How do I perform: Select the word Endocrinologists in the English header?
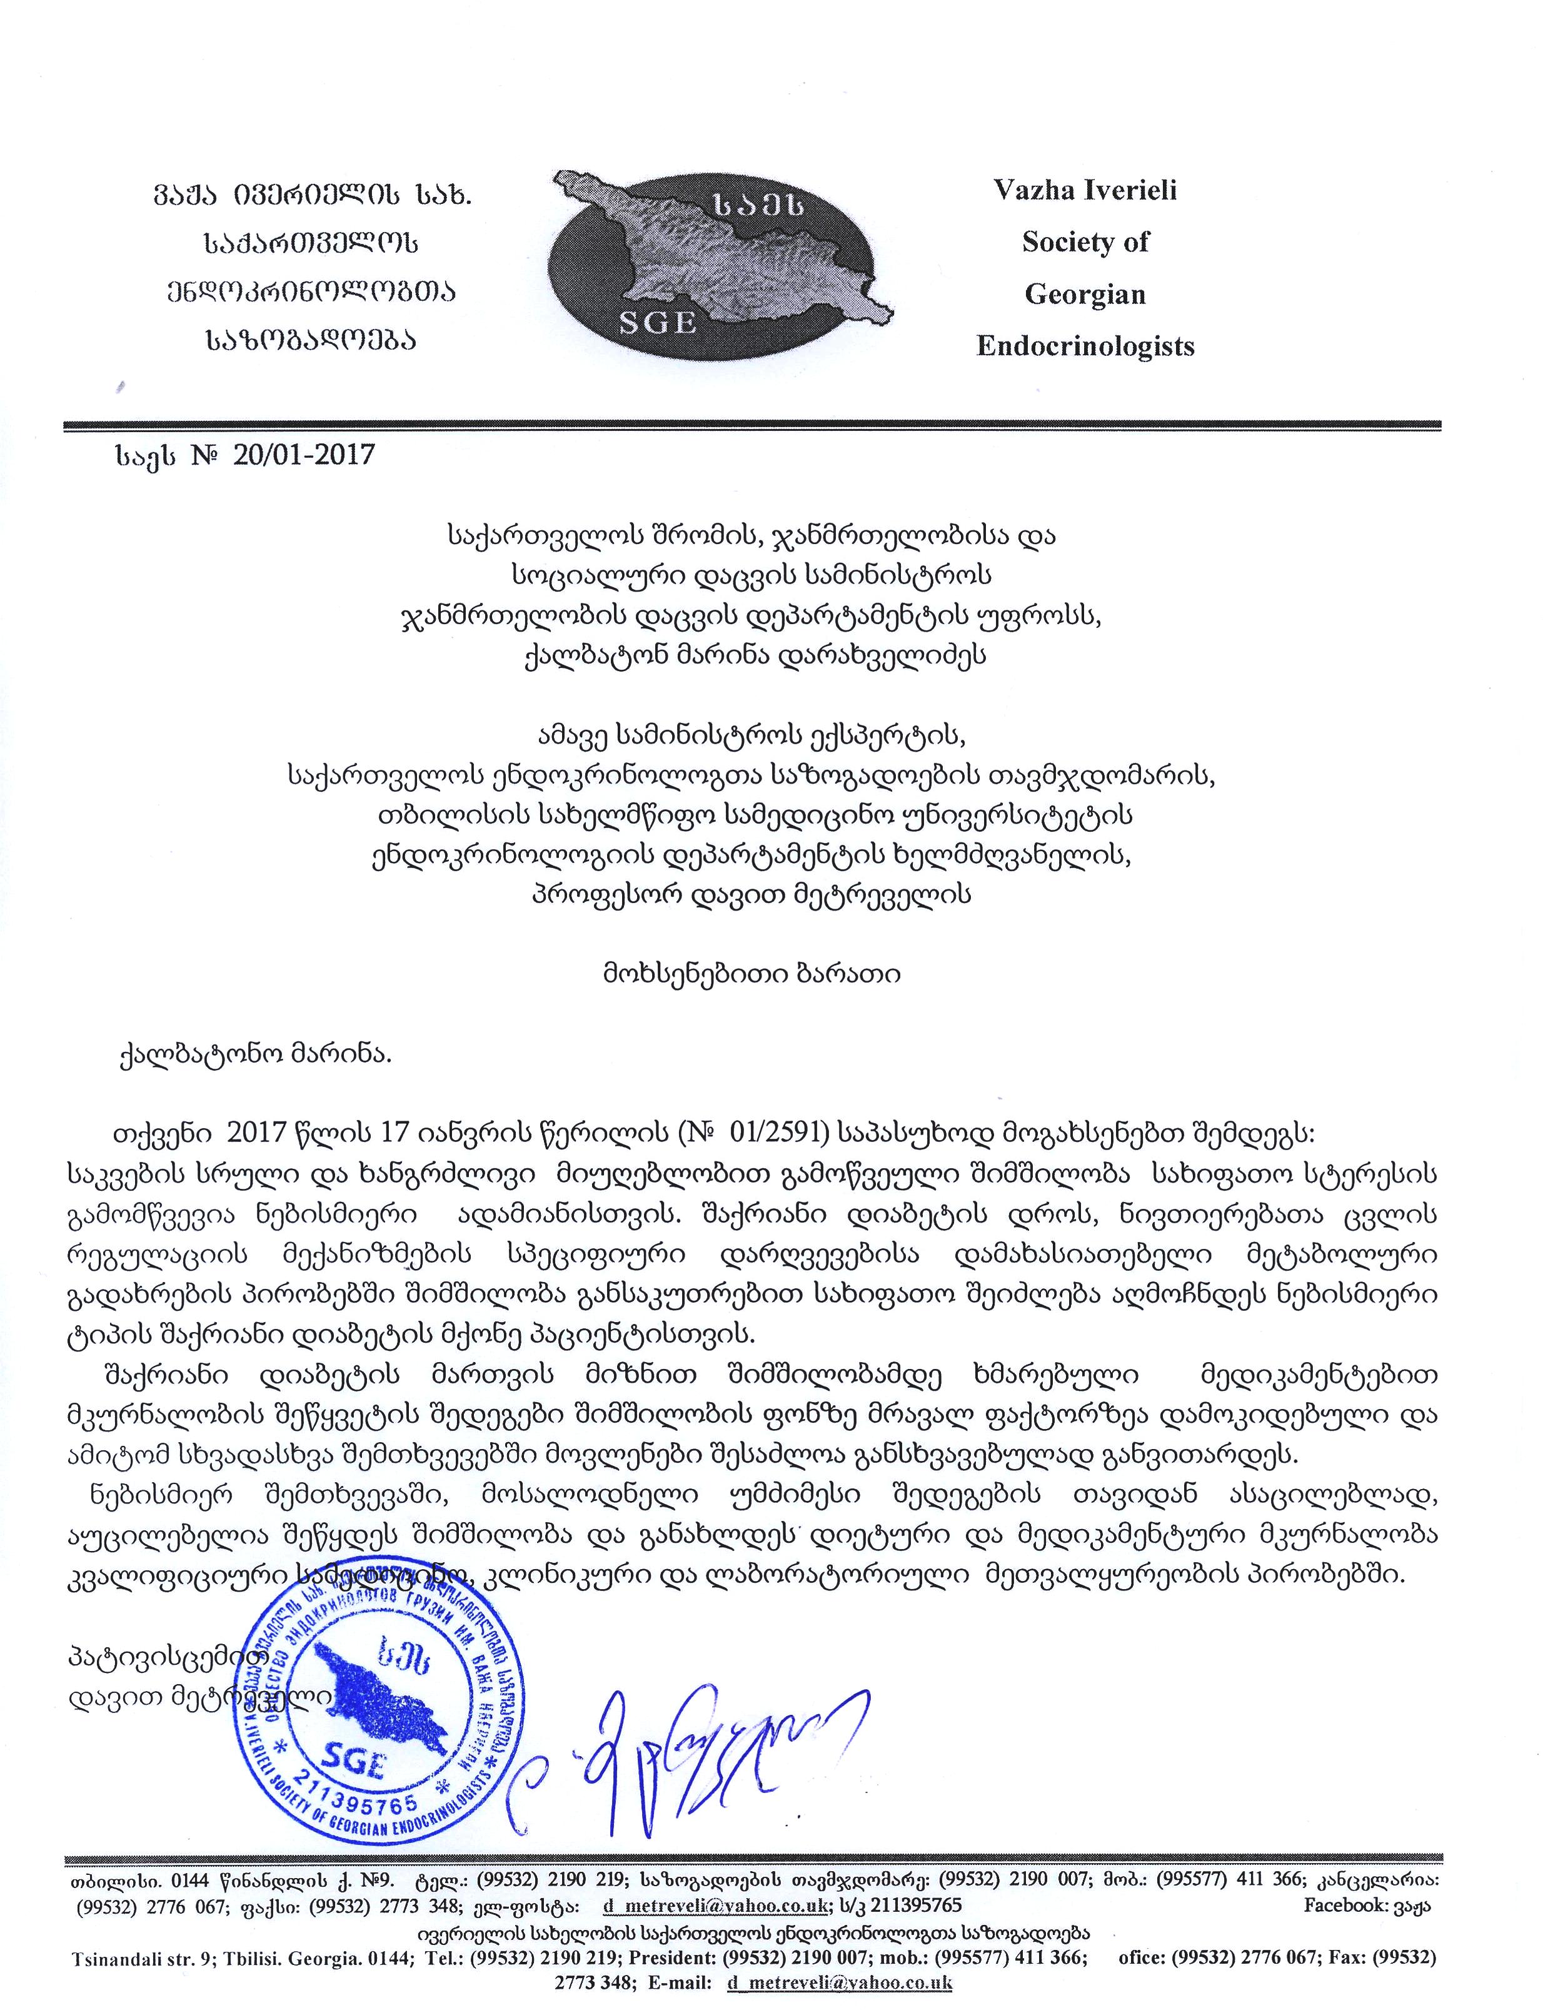coord(1085,346)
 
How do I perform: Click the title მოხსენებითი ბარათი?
coord(745,975)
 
